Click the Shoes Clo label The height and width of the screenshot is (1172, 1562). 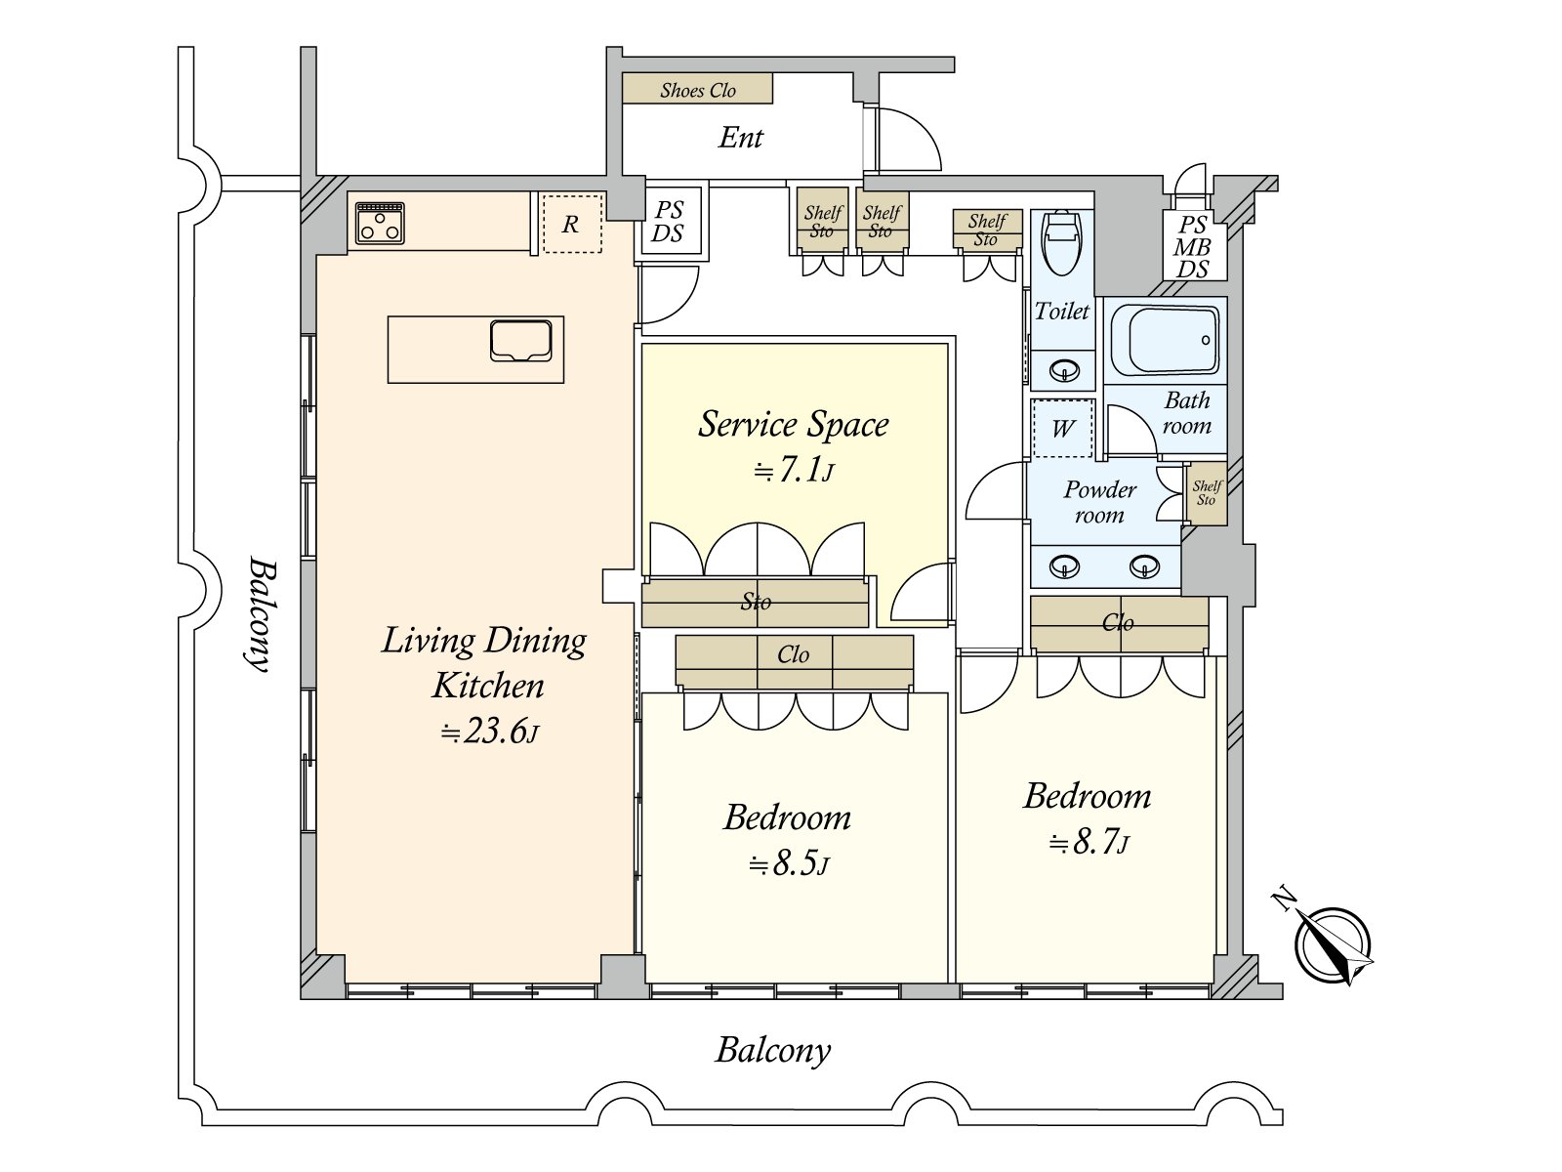point(698,90)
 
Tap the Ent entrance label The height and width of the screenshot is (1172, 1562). point(740,137)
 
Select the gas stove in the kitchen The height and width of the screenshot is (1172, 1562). point(380,222)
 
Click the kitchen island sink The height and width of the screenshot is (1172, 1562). point(520,340)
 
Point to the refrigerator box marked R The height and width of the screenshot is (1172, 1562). point(571,224)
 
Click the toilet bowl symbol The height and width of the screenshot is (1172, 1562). point(1061,241)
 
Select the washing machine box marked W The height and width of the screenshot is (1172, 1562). point(1062,427)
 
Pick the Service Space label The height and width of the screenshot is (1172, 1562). point(793,424)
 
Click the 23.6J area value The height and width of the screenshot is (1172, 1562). point(489,731)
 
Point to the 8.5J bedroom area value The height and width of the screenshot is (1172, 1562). point(789,863)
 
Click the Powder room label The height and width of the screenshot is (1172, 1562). point(1099,502)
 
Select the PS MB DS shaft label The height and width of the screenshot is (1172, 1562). point(1192,247)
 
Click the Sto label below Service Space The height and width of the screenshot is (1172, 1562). point(756,602)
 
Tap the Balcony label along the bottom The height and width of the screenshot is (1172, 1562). point(773,1050)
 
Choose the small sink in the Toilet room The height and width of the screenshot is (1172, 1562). point(1064,371)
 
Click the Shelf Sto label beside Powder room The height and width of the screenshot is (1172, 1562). point(1207,493)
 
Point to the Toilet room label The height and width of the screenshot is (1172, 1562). point(1061,311)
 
